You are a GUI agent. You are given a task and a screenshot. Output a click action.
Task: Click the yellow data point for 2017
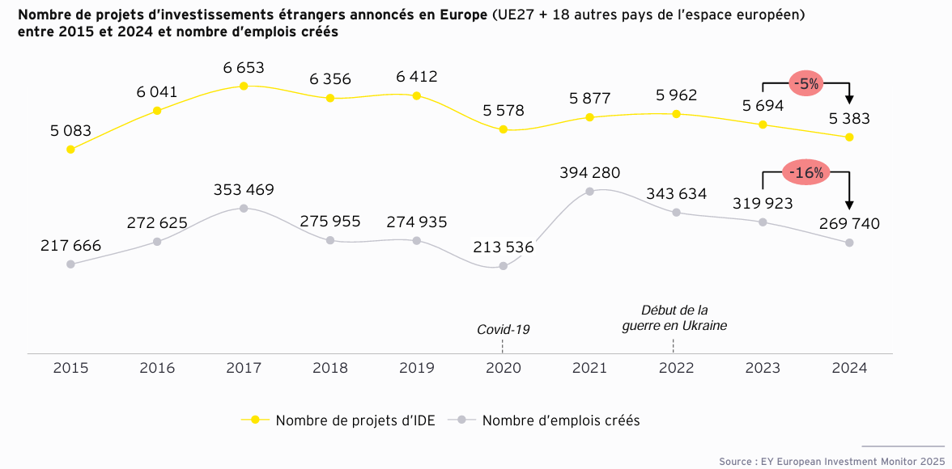tap(244, 86)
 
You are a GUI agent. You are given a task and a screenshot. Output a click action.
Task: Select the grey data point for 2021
tap(589, 192)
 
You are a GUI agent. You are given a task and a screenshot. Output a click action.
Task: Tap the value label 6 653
tap(244, 68)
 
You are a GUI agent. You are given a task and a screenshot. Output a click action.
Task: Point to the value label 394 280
tap(589, 173)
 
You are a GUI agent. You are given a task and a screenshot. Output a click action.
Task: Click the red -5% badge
tap(806, 83)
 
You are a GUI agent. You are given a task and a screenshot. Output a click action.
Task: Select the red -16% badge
tap(806, 172)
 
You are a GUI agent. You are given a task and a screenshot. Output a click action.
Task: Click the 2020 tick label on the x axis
tap(503, 368)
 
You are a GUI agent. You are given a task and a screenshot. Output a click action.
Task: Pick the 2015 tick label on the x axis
tap(70, 368)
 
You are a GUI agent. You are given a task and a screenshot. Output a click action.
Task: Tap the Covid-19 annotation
tap(503, 329)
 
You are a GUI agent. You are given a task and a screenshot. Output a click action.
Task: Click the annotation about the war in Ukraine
tap(674, 318)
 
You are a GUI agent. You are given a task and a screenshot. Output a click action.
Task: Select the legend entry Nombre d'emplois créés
tap(560, 420)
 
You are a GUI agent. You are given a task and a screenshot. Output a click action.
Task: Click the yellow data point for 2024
tap(849, 137)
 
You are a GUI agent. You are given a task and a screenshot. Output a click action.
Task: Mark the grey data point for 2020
tap(504, 265)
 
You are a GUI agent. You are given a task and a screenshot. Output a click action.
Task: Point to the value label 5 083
tap(70, 131)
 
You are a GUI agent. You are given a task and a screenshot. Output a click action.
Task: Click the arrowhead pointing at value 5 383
tap(849, 99)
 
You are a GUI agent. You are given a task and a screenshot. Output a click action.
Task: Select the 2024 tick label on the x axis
tap(849, 368)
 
